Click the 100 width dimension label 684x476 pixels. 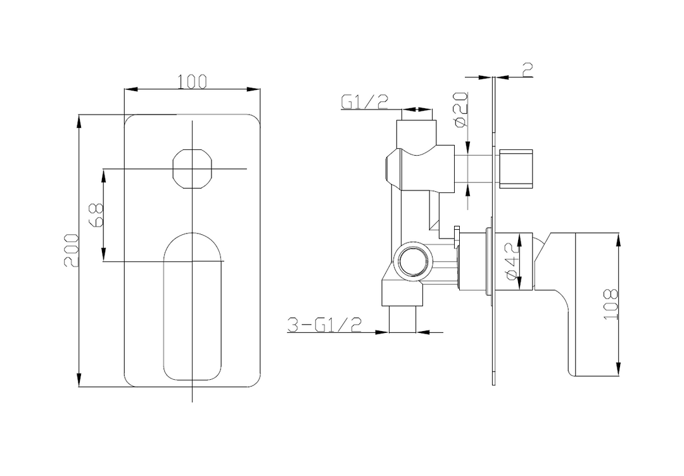(193, 81)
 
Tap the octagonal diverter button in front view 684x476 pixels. (193, 168)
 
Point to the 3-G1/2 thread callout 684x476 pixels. (324, 325)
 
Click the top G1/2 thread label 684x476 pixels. (364, 102)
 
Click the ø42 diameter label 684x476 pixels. (512, 261)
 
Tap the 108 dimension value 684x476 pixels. (611, 304)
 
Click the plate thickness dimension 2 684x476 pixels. (527, 70)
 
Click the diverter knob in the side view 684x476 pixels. (517, 168)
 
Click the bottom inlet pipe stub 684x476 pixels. (403, 320)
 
